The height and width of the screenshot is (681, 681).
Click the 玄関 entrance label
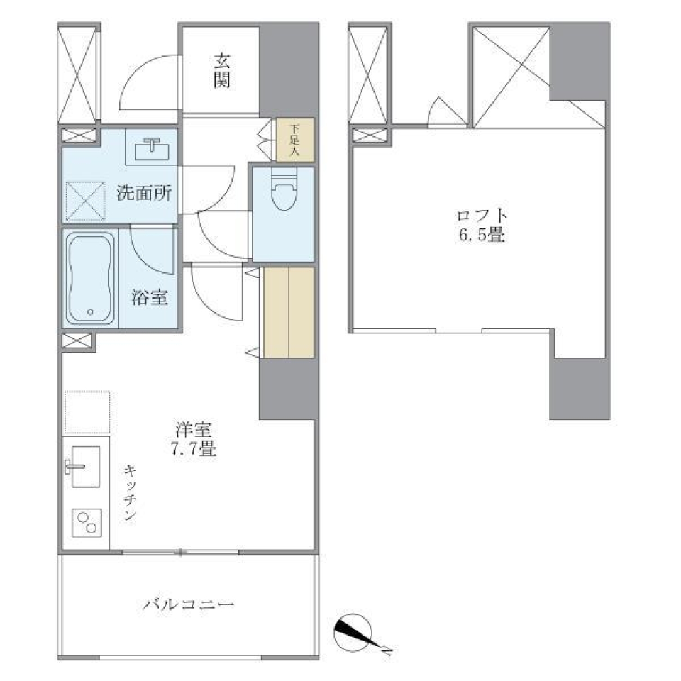pos(221,71)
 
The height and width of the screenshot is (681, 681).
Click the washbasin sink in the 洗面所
pos(151,146)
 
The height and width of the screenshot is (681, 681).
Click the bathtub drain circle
pos(90,311)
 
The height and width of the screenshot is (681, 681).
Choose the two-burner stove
pos(87,525)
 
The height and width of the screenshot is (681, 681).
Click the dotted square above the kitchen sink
pos(87,411)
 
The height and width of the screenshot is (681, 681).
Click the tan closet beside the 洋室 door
pos(289,312)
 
